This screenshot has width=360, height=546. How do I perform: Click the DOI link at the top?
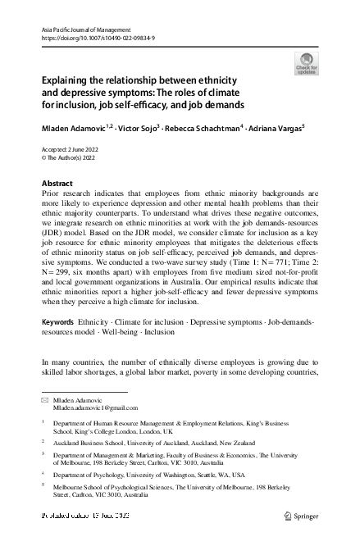click(96, 38)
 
